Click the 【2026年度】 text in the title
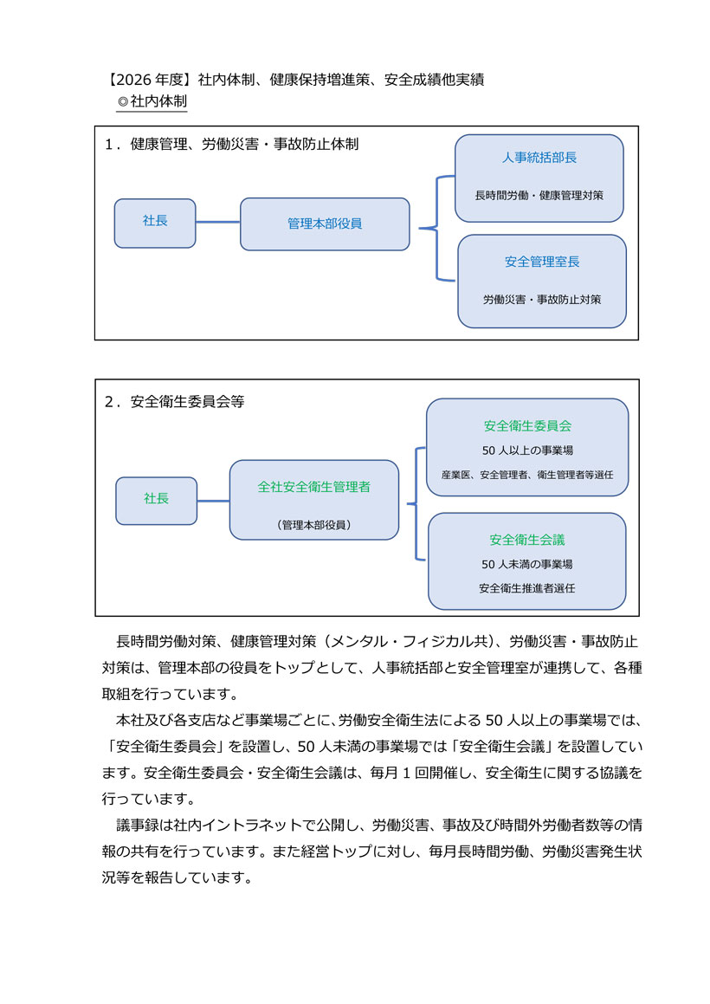point(148,81)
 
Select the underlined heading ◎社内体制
point(152,101)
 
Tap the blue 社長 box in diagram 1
point(155,222)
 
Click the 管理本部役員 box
point(325,223)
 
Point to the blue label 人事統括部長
point(539,159)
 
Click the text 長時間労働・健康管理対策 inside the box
point(539,195)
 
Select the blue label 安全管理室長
point(541,261)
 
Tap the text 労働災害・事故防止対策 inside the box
point(541,299)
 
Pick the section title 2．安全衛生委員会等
point(174,402)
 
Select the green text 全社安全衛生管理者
point(314,487)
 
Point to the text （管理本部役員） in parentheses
point(314,525)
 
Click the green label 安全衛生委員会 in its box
point(527,426)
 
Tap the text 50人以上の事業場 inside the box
point(527,450)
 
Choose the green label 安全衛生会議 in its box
point(527,540)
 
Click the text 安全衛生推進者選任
point(527,588)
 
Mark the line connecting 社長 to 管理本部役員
point(218,223)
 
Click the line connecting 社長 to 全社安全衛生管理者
point(213,501)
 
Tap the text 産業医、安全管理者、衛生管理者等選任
point(527,475)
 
